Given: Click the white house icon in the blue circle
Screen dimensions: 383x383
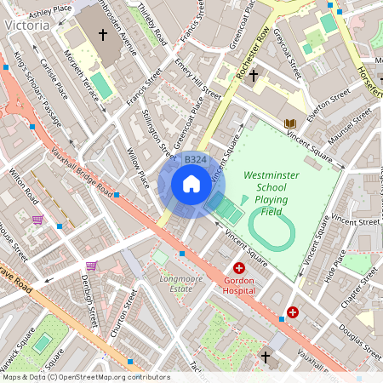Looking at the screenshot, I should click(191, 184).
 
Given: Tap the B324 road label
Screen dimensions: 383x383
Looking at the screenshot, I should click(195, 160).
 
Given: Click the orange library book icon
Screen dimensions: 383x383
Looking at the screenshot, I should click(289, 123).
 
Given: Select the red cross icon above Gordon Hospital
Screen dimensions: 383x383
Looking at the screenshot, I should click(239, 268).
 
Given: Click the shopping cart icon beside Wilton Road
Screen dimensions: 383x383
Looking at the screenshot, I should click(37, 220).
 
